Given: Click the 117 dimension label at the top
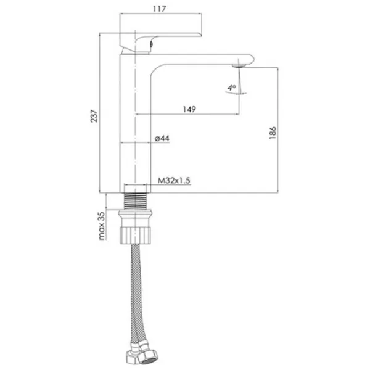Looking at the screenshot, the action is tap(160, 9).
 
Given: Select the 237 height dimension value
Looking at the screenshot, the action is tap(94, 116).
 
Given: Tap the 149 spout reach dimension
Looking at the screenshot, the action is tap(189, 109).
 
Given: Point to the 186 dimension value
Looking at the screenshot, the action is tap(273, 133).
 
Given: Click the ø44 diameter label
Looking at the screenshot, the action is tap(162, 138).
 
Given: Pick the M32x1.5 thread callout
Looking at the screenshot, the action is tap(174, 181).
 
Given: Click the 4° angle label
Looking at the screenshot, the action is tap(232, 88).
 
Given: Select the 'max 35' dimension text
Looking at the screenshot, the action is tap(102, 226).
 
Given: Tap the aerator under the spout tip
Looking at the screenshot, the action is tap(239, 65).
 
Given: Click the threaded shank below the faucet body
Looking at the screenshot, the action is tap(136, 201).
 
